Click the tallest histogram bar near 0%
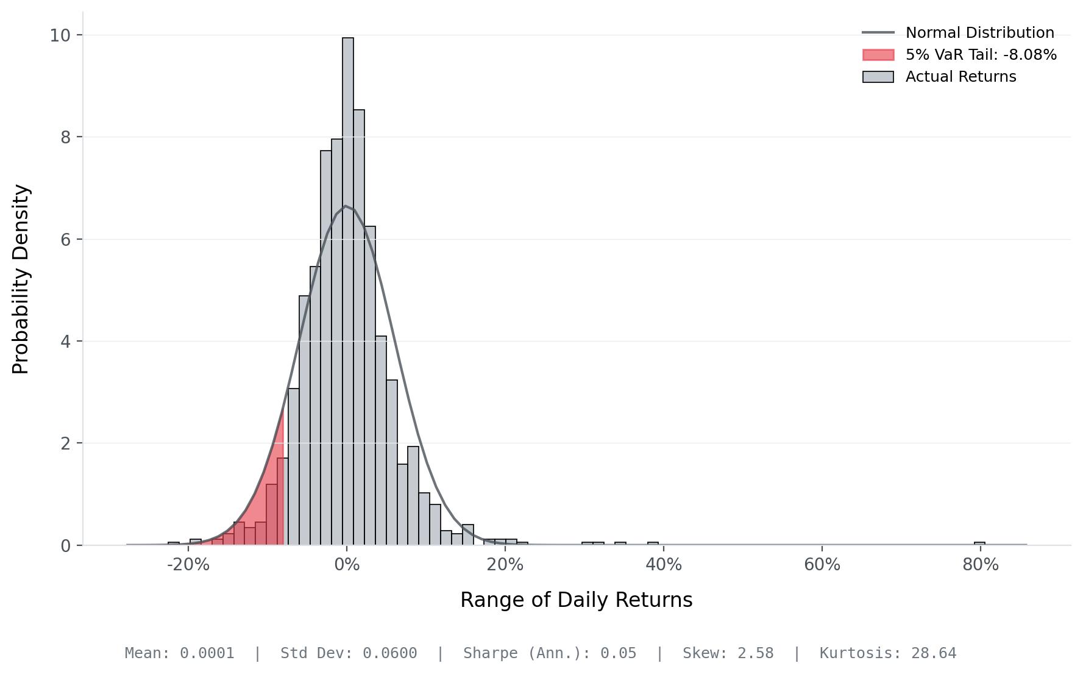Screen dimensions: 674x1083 (348, 293)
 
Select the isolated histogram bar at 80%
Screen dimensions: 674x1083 (979, 543)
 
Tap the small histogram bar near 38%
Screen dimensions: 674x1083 (653, 543)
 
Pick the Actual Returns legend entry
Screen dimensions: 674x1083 (960, 77)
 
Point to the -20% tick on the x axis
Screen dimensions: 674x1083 (188, 565)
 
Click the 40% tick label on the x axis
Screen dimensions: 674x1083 (664, 565)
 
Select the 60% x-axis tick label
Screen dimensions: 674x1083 (822, 565)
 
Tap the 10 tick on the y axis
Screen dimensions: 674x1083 (60, 35)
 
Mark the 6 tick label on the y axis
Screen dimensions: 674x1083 (65, 240)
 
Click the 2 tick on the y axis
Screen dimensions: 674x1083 (65, 443)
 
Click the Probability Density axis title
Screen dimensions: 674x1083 (21, 279)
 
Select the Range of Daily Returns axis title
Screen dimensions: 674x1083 (576, 600)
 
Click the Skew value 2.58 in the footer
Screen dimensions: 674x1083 (755, 653)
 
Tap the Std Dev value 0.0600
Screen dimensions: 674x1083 (390, 653)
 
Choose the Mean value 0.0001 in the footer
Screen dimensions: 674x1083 (207, 653)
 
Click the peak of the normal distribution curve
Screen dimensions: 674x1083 (345, 206)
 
